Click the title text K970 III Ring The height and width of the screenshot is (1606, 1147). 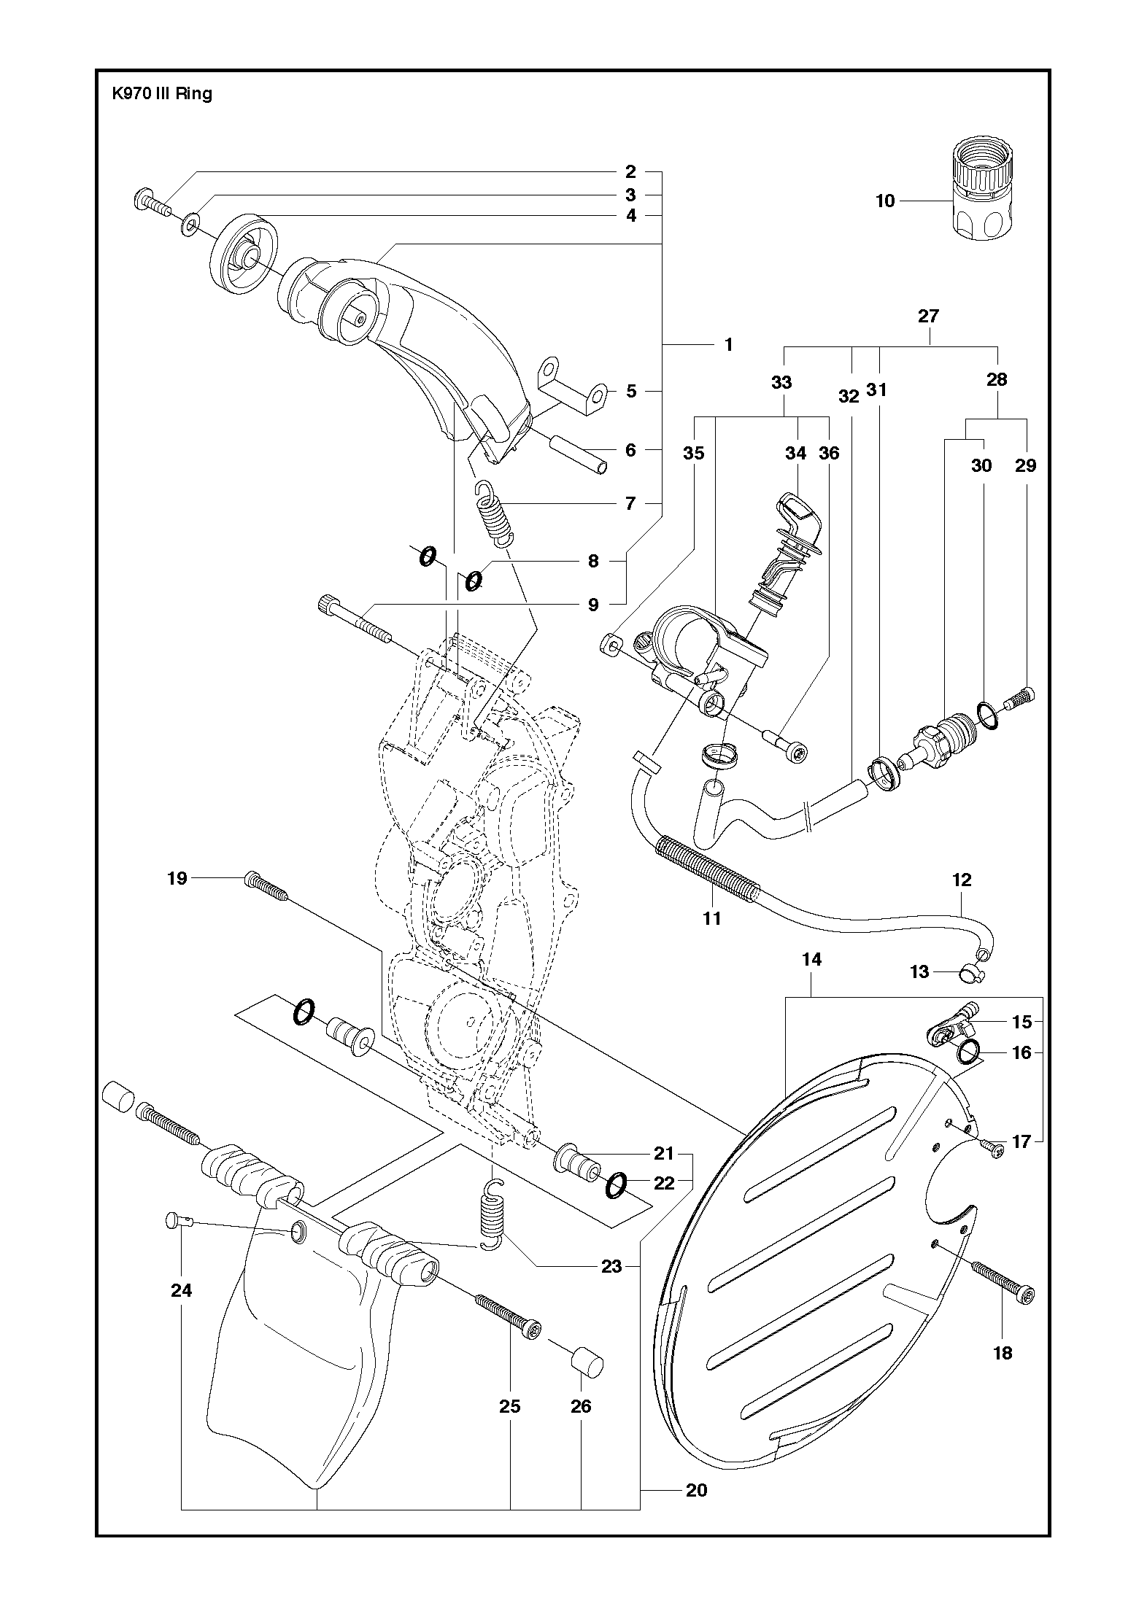pos(161,93)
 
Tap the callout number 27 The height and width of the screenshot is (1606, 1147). pos(929,316)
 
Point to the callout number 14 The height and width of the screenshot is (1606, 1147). pos(811,960)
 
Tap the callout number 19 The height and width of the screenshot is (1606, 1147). pos(177,878)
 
